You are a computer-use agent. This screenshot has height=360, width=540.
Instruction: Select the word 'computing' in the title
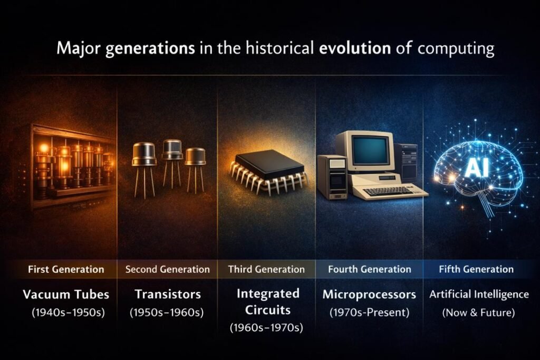tap(456, 50)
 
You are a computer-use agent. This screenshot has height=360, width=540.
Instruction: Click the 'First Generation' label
tap(66, 269)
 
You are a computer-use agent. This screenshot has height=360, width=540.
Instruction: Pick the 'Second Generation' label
tap(168, 269)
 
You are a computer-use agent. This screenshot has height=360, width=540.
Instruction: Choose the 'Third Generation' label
tap(266, 269)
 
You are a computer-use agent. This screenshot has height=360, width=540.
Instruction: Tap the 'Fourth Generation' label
tap(369, 269)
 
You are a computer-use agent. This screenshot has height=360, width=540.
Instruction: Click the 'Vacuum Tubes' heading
tap(66, 294)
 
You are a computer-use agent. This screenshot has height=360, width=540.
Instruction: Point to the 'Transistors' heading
tap(167, 294)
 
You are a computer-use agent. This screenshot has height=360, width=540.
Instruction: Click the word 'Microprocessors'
tap(369, 294)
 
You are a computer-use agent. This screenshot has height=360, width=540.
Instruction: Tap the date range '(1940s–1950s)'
tap(66, 312)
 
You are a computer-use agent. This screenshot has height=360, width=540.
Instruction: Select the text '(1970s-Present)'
tap(369, 312)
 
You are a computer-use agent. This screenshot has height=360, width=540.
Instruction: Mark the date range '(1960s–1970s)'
tap(266, 328)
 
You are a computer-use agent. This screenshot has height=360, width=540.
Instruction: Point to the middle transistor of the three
tap(172, 150)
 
